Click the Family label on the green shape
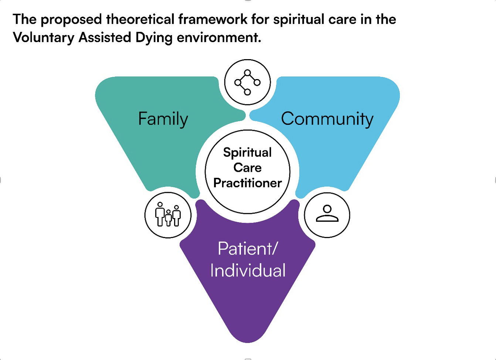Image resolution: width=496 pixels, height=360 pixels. pyautogui.click(x=163, y=119)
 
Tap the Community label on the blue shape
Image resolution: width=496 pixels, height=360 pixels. pyautogui.click(x=327, y=119)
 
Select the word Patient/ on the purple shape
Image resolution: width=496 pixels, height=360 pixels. pyautogui.click(x=247, y=248)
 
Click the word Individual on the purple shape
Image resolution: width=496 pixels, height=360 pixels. pyautogui.click(x=248, y=270)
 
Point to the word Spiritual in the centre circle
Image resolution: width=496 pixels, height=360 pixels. pyautogui.click(x=247, y=153)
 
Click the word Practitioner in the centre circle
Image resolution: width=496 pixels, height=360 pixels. pyautogui.click(x=248, y=183)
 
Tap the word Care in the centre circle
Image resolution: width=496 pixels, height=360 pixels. pyautogui.click(x=247, y=167)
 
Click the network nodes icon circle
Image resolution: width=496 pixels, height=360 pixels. pyautogui.click(x=247, y=82)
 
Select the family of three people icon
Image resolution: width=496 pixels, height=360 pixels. pyautogui.click(x=168, y=214)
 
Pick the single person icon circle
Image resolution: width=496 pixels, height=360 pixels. pyautogui.click(x=327, y=215)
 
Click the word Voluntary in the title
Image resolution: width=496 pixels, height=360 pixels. pyautogui.click(x=44, y=38)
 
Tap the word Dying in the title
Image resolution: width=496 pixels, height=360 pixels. pyautogui.click(x=154, y=38)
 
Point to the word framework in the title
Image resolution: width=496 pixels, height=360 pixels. pyautogui.click(x=213, y=19)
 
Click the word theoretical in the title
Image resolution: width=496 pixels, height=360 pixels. pyautogui.click(x=140, y=19)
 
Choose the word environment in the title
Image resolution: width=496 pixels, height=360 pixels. pyautogui.click(x=219, y=37)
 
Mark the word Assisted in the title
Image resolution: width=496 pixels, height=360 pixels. pyautogui.click(x=105, y=37)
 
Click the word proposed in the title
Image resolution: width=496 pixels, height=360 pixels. pyautogui.click(x=71, y=20)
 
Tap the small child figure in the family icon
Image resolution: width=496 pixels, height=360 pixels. pyautogui.click(x=168, y=218)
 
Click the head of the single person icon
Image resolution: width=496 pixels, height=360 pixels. pyautogui.click(x=327, y=209)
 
